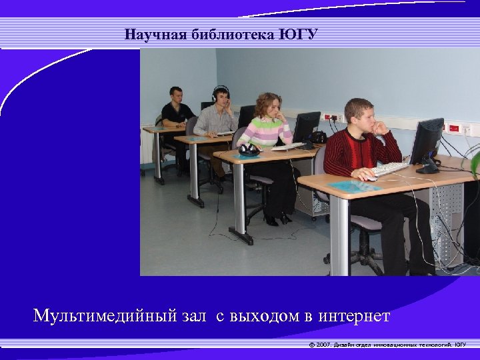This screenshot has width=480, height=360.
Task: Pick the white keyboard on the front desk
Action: (391, 169)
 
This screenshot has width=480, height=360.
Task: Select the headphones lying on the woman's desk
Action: (249, 149)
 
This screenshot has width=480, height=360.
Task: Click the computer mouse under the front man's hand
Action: (369, 177)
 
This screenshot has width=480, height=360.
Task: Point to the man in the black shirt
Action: (176, 110)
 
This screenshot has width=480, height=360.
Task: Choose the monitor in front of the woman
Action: (307, 127)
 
